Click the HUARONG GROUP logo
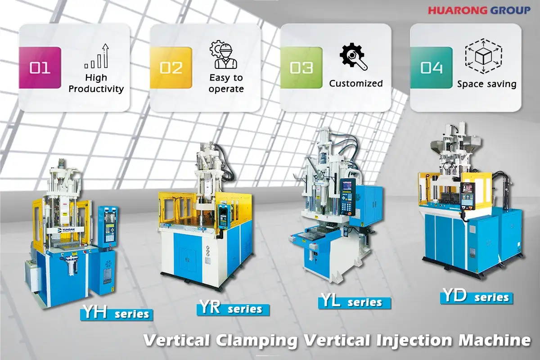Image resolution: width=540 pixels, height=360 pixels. click(x=479, y=9)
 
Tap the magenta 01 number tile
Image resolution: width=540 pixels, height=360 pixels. click(x=40, y=67)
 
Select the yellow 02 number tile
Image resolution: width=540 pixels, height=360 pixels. click(x=171, y=67)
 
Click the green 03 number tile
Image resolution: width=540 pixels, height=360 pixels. click(x=301, y=67)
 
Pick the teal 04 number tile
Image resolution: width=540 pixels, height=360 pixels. click(x=432, y=67)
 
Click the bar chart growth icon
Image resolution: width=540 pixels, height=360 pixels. click(x=97, y=56)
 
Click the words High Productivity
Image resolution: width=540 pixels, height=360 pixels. click(x=96, y=83)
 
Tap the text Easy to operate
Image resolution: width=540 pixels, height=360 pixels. click(x=226, y=83)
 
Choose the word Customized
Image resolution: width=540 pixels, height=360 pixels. click(x=356, y=84)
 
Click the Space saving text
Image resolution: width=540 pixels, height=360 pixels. click(x=486, y=84)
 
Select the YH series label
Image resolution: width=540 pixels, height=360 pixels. click(x=117, y=313)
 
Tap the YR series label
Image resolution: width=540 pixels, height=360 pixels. click(x=233, y=309)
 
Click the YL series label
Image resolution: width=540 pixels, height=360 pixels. click(x=355, y=301)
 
